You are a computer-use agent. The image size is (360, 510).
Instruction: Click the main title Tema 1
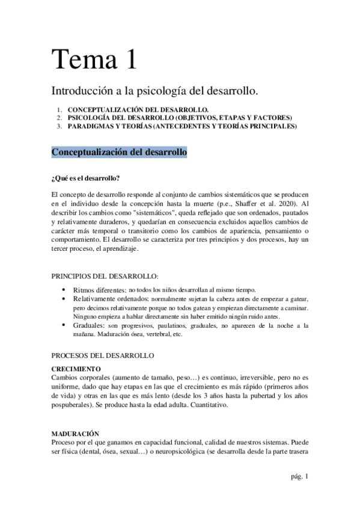(x=94, y=60)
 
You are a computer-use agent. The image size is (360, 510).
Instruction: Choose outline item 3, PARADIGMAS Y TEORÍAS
(x=182, y=126)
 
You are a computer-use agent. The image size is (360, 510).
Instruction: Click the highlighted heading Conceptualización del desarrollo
(x=119, y=153)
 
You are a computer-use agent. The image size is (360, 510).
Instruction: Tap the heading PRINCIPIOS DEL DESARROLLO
(x=106, y=276)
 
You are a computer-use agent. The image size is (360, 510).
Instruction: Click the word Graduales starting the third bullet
(x=90, y=325)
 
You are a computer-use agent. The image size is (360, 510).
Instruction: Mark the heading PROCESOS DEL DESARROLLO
(x=103, y=355)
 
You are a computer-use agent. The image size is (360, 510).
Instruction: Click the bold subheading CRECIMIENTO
(x=76, y=368)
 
